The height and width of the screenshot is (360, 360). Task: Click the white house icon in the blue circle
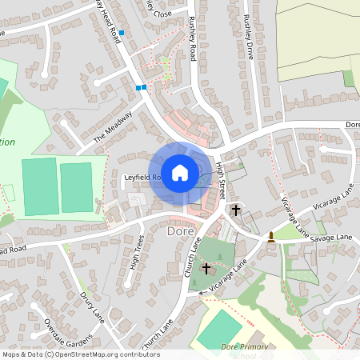coord(180,172)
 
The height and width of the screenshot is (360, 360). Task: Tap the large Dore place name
coord(181,230)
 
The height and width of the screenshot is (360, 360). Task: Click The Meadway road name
coord(110,127)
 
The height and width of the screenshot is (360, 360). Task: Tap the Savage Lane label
coord(332,238)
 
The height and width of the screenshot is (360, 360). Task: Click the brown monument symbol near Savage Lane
coord(272,236)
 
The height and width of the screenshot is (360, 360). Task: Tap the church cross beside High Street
coord(235,210)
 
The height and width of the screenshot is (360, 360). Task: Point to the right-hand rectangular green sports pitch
coord(77,187)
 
